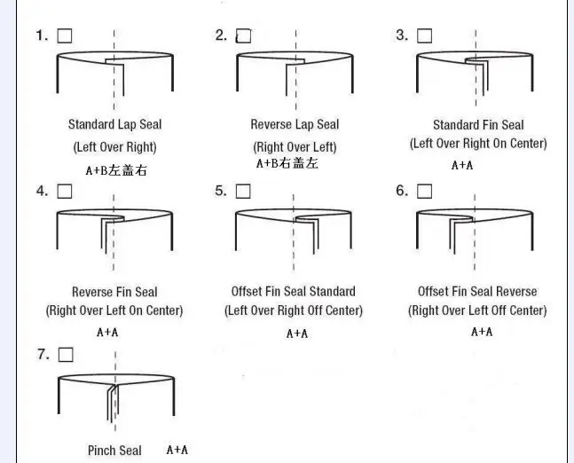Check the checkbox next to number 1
[x=64, y=36]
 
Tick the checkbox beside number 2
[x=244, y=36]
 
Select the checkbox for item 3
[x=424, y=36]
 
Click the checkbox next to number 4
[x=64, y=191]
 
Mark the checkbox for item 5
[x=244, y=191]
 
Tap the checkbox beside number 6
[x=424, y=191]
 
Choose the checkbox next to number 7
[x=64, y=355]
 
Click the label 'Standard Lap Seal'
[x=114, y=125]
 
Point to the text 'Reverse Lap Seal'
[x=295, y=125]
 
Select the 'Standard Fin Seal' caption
[x=478, y=125]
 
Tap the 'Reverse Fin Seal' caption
[x=114, y=292]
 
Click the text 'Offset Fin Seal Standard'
[x=293, y=292]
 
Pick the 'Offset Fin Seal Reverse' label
[x=477, y=292]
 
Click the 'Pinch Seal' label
[x=114, y=451]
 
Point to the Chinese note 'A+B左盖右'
[x=115, y=170]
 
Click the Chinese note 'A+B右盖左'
[x=287, y=164]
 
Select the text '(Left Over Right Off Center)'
[x=294, y=310]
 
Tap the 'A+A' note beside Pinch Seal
[x=177, y=450]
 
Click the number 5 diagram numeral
[x=219, y=191]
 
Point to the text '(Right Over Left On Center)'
[x=114, y=310]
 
